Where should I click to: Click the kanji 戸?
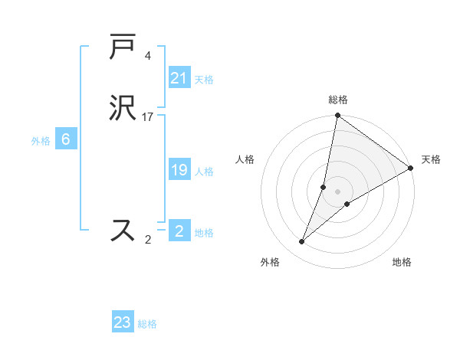coord(123,47)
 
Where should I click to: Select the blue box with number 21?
coord(179,78)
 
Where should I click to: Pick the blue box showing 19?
coord(179,171)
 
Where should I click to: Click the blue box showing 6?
coord(66,139)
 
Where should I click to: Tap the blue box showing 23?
coord(123,322)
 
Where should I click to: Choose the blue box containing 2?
coord(179,231)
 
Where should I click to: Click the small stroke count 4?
coord(148,55)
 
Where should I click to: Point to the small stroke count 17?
coord(148,117)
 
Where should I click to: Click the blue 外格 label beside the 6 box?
coord(41,140)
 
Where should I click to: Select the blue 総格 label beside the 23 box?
coord(147,324)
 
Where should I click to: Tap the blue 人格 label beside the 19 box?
coord(204,172)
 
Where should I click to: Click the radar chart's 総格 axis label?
coord(338,100)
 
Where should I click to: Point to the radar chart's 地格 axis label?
coord(402,263)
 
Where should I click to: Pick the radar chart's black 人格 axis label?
coord(245,159)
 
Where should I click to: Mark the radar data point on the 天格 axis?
coord(411,169)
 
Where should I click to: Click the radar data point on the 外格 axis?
coord(302,242)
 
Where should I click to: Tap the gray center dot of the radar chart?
coord(338,191)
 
